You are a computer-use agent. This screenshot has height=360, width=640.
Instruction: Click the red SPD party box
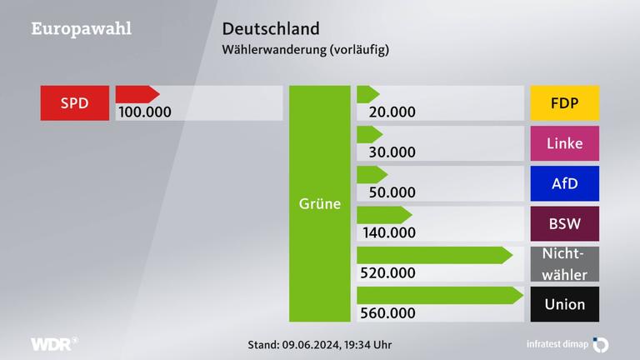pos(74,103)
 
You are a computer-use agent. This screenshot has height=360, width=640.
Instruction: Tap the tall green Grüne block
pos(320,203)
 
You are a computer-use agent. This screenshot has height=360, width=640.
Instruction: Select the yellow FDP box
pos(564,103)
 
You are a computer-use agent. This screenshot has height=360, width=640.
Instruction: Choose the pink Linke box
pos(564,143)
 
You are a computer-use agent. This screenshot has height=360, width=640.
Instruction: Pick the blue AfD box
pos(564,183)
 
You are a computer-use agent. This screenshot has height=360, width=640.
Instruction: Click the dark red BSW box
pos(564,223)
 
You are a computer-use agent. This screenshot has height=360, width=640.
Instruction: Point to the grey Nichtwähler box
pos(564,263)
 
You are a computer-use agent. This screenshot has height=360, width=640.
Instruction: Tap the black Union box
pos(564,304)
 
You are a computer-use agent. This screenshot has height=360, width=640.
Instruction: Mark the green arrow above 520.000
pos(434,255)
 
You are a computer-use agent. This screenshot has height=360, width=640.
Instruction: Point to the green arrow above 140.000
pos(384,215)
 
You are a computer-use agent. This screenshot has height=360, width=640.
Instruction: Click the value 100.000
pos(145,112)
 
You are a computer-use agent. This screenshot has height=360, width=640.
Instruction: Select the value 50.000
pos(386,192)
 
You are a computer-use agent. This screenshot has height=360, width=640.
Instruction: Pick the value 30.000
pos(386,152)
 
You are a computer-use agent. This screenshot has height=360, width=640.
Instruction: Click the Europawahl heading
pos(81,28)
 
